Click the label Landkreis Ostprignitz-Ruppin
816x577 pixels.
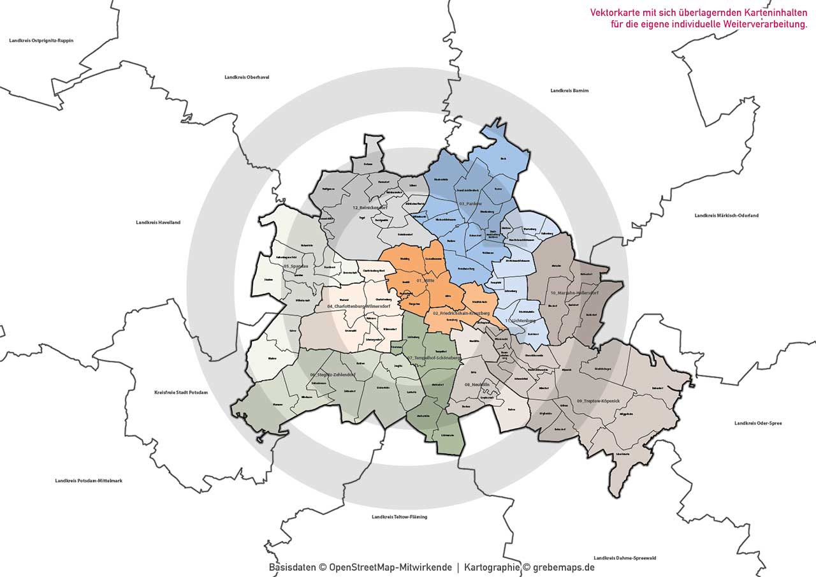point(41,40)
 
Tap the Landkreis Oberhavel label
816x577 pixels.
point(247,77)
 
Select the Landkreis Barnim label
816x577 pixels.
point(569,91)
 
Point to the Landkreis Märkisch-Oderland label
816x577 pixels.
point(726,215)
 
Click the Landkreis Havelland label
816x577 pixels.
point(158,223)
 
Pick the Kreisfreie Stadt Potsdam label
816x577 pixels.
point(181,392)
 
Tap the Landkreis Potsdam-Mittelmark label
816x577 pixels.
point(89,480)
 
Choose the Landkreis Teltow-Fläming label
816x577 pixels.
point(399,516)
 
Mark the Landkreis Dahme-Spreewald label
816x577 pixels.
point(624,558)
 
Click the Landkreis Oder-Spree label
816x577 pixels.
point(758,423)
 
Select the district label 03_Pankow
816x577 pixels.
point(470,203)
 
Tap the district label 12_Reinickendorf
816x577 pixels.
point(370,208)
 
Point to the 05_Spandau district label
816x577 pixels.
point(296,266)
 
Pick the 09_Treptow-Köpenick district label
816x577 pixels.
point(602,400)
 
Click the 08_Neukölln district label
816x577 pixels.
point(476,384)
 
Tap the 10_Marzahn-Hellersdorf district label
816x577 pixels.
point(574,293)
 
